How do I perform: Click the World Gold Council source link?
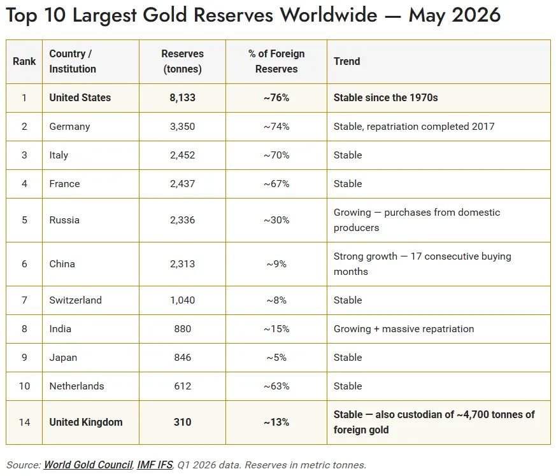(x=89, y=465)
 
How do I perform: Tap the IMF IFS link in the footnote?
(x=155, y=465)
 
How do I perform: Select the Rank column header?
(x=24, y=61)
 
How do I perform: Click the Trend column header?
(x=347, y=61)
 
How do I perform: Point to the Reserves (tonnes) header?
(x=182, y=61)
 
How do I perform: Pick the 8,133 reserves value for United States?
(x=182, y=97)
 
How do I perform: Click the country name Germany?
(x=69, y=127)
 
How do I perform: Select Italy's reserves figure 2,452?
(x=182, y=155)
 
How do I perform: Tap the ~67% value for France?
(x=276, y=184)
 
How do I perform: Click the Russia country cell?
(x=64, y=220)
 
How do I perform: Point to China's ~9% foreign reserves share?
(x=276, y=264)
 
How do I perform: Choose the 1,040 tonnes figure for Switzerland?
(x=182, y=300)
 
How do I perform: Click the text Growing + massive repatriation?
(x=404, y=329)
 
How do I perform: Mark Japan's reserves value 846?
(x=182, y=357)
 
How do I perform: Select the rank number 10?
(x=24, y=386)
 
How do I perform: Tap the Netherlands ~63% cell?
(x=276, y=386)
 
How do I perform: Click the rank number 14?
(x=24, y=422)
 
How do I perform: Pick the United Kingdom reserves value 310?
(x=182, y=422)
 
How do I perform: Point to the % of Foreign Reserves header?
(x=276, y=61)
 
